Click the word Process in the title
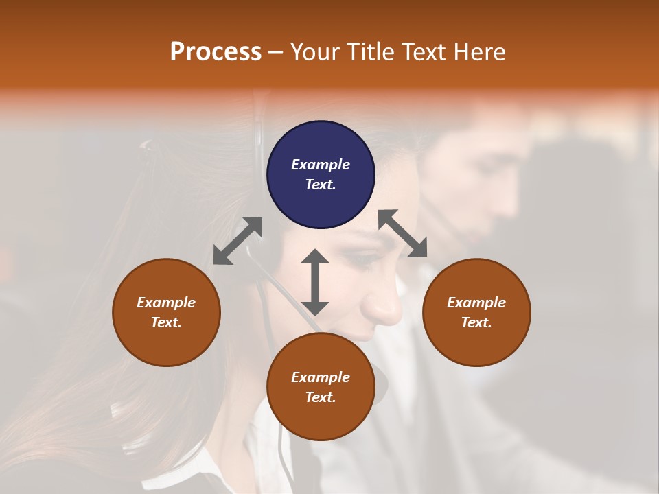(x=216, y=52)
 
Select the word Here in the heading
(x=481, y=52)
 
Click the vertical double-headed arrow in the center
(x=315, y=282)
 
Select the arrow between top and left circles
(x=238, y=241)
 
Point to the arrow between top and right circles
(x=403, y=233)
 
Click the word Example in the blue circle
(x=321, y=165)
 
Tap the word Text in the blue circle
(x=321, y=185)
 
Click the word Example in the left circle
(x=166, y=303)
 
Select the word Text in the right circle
(x=476, y=322)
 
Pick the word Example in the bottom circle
(x=321, y=377)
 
